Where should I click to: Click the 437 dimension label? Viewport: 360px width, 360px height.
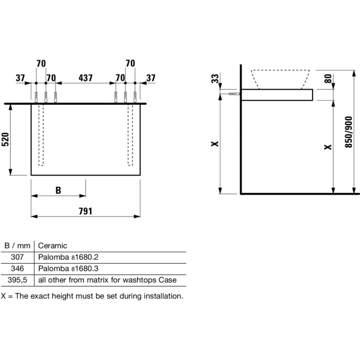tap(85, 78)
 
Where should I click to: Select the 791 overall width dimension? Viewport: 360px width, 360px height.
tap(85, 211)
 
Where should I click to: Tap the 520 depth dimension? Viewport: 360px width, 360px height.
tap(5, 139)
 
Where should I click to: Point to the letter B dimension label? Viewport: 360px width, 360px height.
tap(58, 190)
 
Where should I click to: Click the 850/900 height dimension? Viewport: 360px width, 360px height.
tap(349, 132)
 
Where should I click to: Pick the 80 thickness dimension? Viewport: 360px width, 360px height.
tap(328, 79)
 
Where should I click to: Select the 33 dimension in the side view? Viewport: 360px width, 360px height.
tap(215, 79)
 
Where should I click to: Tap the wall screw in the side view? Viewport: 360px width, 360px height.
tap(234, 94)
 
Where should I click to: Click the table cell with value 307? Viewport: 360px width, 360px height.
tap(17, 257)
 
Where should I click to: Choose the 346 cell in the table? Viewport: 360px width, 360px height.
tap(17, 268)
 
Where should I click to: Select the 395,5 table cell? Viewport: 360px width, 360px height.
tap(17, 280)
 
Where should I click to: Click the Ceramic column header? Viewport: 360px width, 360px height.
tap(52, 246)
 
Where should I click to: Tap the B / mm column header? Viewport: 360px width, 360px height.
tap(17, 246)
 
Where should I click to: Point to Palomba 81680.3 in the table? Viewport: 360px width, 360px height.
tap(68, 268)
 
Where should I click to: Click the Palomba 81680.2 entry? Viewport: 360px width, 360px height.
tap(68, 257)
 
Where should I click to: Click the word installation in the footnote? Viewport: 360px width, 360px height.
tap(163, 296)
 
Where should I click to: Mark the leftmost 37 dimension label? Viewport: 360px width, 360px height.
tap(20, 78)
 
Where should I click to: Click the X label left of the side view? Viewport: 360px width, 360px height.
tap(215, 144)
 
